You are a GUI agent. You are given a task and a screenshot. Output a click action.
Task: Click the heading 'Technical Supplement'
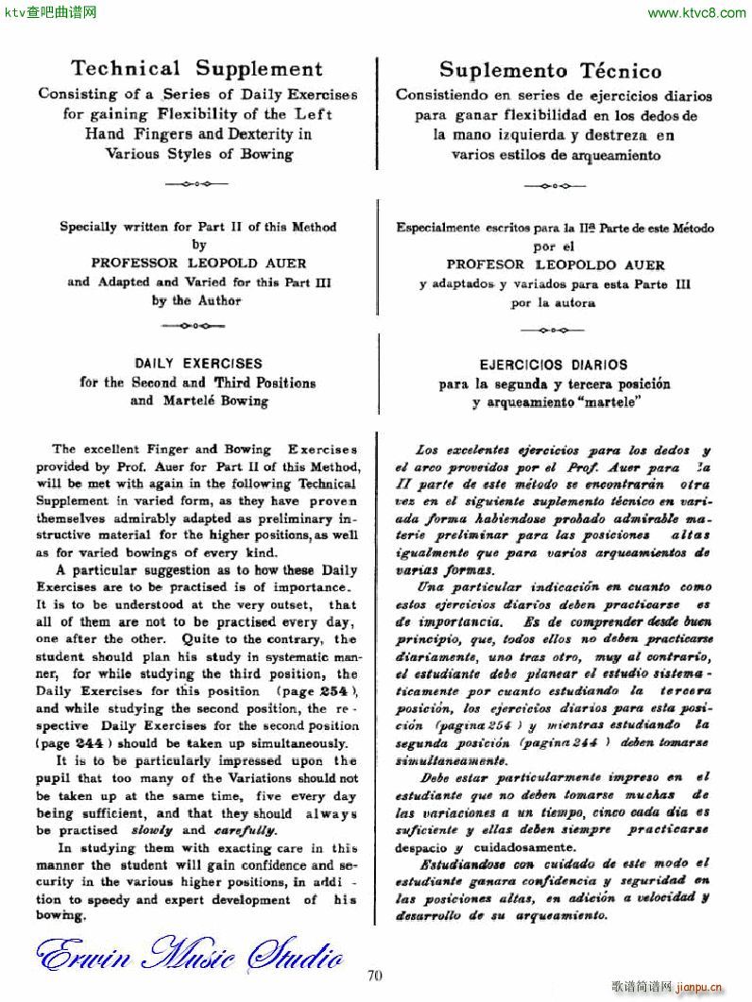[x=197, y=69]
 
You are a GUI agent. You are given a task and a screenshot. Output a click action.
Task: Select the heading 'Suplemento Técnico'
[x=551, y=71]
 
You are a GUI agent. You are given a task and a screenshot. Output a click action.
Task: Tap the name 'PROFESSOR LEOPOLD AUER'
[x=198, y=263]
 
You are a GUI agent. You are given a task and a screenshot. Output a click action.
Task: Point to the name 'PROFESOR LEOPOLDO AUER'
[x=555, y=265]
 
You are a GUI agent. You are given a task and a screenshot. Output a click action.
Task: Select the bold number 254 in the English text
[x=308, y=690]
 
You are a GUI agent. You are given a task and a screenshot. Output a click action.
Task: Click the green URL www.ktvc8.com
[x=697, y=13]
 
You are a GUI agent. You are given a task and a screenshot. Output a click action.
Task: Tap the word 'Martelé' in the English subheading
[x=173, y=400]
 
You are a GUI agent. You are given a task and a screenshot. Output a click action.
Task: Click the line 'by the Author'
[x=197, y=300]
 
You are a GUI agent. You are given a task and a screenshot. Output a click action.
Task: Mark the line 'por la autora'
[x=553, y=303]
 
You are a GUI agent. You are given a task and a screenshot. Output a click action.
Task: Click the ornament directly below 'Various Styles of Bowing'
[x=197, y=179]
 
